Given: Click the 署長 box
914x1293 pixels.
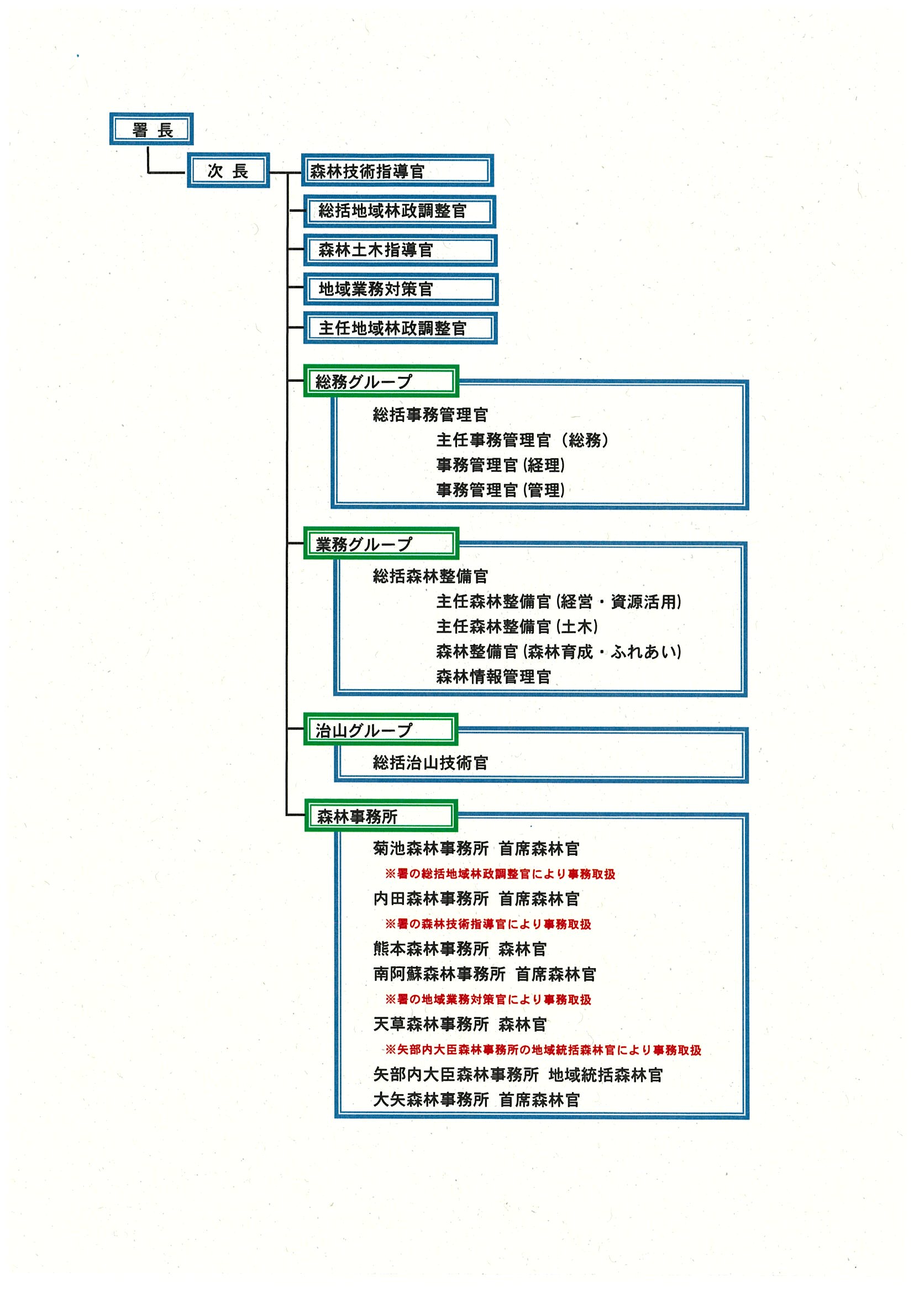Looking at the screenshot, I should pyautogui.click(x=151, y=129).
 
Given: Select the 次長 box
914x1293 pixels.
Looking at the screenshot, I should pyautogui.click(x=228, y=171).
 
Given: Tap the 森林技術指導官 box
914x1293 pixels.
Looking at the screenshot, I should pyautogui.click(x=397, y=171).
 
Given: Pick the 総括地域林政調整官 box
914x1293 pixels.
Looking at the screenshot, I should pyautogui.click(x=400, y=211).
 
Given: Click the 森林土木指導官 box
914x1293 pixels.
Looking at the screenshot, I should pyautogui.click(x=401, y=250).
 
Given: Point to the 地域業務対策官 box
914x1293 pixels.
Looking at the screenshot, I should pyautogui.click(x=401, y=290).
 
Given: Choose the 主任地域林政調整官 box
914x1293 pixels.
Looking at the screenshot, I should pyautogui.click(x=401, y=328).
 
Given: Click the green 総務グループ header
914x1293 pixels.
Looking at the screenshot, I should pyautogui.click(x=381, y=381).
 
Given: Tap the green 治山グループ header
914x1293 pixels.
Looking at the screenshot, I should pyautogui.click(x=381, y=730).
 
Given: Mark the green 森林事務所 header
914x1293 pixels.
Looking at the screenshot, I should pyautogui.click(x=381, y=816).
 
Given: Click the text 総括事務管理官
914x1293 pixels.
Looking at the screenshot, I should pyautogui.click(x=430, y=415).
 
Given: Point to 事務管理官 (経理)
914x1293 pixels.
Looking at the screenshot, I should pyautogui.click(x=500, y=465).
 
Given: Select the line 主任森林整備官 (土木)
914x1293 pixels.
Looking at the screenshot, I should pyautogui.click(x=517, y=627).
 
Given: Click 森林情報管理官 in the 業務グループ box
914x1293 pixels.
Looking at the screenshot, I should pyautogui.click(x=493, y=677).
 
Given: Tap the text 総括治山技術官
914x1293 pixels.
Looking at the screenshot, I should pyautogui.click(x=430, y=763).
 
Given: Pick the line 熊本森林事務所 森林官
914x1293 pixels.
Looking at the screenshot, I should pyautogui.click(x=460, y=949).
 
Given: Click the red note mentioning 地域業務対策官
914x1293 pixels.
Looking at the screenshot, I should pyautogui.click(x=488, y=1000).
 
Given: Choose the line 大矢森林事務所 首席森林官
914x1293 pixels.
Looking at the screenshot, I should pyautogui.click(x=476, y=1100).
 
